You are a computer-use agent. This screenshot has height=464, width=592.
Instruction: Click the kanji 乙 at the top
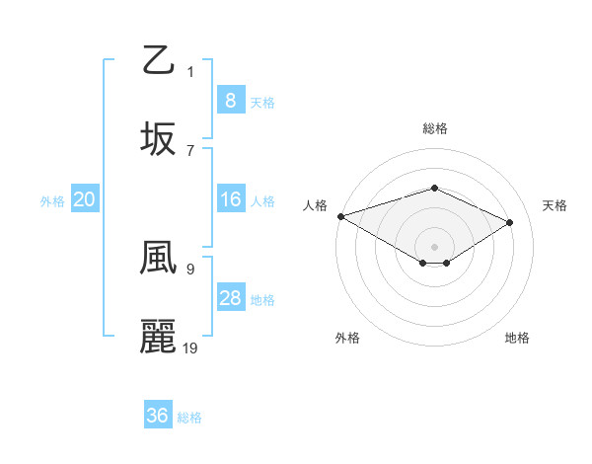click(159, 60)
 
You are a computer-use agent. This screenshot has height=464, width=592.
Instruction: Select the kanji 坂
click(159, 139)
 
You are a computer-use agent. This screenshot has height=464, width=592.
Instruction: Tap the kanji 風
click(159, 258)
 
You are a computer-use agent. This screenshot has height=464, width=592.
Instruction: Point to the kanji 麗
click(159, 337)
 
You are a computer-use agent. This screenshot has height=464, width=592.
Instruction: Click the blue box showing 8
click(230, 100)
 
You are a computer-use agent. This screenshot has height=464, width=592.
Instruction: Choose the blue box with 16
click(230, 199)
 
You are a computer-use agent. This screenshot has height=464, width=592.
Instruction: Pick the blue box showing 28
click(230, 298)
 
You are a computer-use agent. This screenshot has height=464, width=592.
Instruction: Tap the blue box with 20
click(85, 199)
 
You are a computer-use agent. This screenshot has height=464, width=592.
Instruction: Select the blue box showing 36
click(158, 416)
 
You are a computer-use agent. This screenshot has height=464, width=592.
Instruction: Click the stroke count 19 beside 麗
click(190, 348)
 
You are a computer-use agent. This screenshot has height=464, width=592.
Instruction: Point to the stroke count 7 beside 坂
click(190, 150)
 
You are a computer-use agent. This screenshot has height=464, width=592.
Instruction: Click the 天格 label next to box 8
click(262, 102)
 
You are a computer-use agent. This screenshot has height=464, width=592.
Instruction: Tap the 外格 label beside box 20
click(52, 200)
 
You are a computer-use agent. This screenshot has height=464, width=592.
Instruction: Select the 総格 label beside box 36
click(189, 417)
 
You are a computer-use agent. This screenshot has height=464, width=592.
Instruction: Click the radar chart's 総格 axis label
click(434, 128)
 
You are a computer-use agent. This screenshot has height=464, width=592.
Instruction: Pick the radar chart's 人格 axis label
click(315, 205)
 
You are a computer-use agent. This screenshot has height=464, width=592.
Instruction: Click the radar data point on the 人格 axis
click(339, 216)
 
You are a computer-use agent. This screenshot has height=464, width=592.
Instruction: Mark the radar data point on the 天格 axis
click(510, 223)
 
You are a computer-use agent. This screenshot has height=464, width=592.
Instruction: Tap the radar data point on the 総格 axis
click(434, 188)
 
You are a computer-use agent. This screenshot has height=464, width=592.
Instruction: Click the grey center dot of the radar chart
click(434, 246)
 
